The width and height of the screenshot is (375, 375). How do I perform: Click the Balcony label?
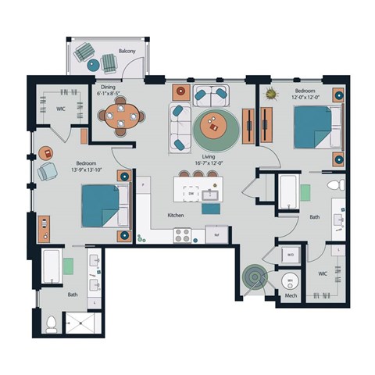pyautogui.click(x=127, y=51)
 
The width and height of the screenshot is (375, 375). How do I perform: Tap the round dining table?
pyautogui.click(x=120, y=117)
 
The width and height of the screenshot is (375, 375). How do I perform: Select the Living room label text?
pyautogui.click(x=209, y=156)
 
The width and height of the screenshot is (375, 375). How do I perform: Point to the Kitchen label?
pyautogui.click(x=176, y=214)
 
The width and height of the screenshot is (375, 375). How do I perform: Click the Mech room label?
pyautogui.click(x=291, y=297)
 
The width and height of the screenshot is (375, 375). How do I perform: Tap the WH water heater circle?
pyautogui.click(x=289, y=280)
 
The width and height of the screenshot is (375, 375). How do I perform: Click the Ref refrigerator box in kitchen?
pyautogui.click(x=216, y=234)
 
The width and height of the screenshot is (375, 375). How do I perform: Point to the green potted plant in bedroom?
pyautogui.click(x=271, y=95)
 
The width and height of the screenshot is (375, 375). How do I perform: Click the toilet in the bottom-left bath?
pyautogui.click(x=52, y=323)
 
